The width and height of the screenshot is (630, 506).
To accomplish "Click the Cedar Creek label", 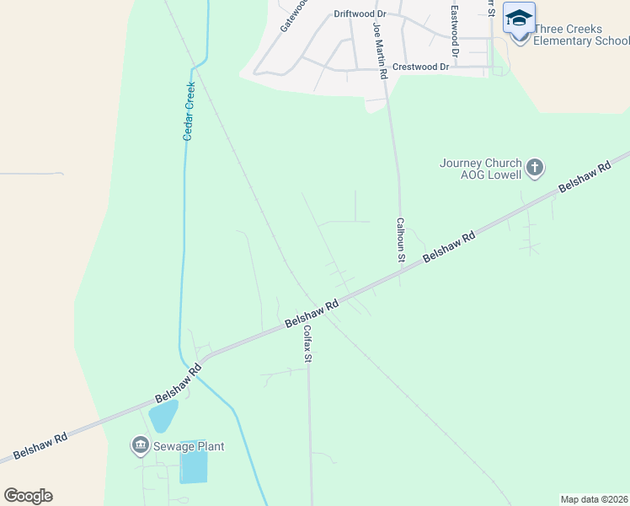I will pos(190,110).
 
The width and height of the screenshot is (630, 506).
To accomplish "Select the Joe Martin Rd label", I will pos(381,51).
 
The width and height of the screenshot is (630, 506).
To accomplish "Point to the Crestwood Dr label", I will pos(421,66).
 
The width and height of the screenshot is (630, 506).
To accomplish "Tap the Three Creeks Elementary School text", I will pos(581,35).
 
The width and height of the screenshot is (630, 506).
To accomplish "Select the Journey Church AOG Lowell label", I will pos(481,169).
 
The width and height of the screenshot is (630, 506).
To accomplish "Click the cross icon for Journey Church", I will pos(534,168).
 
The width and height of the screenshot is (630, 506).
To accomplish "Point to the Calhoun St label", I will pos(402,240).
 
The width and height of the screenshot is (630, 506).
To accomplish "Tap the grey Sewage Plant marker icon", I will pos(140,444).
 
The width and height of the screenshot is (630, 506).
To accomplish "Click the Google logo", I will pos(28,496).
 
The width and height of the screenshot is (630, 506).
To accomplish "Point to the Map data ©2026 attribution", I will pos(594,499).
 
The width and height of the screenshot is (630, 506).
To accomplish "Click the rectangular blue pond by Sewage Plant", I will pos(193,466).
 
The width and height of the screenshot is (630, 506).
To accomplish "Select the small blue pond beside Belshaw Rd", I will pos(163,415).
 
